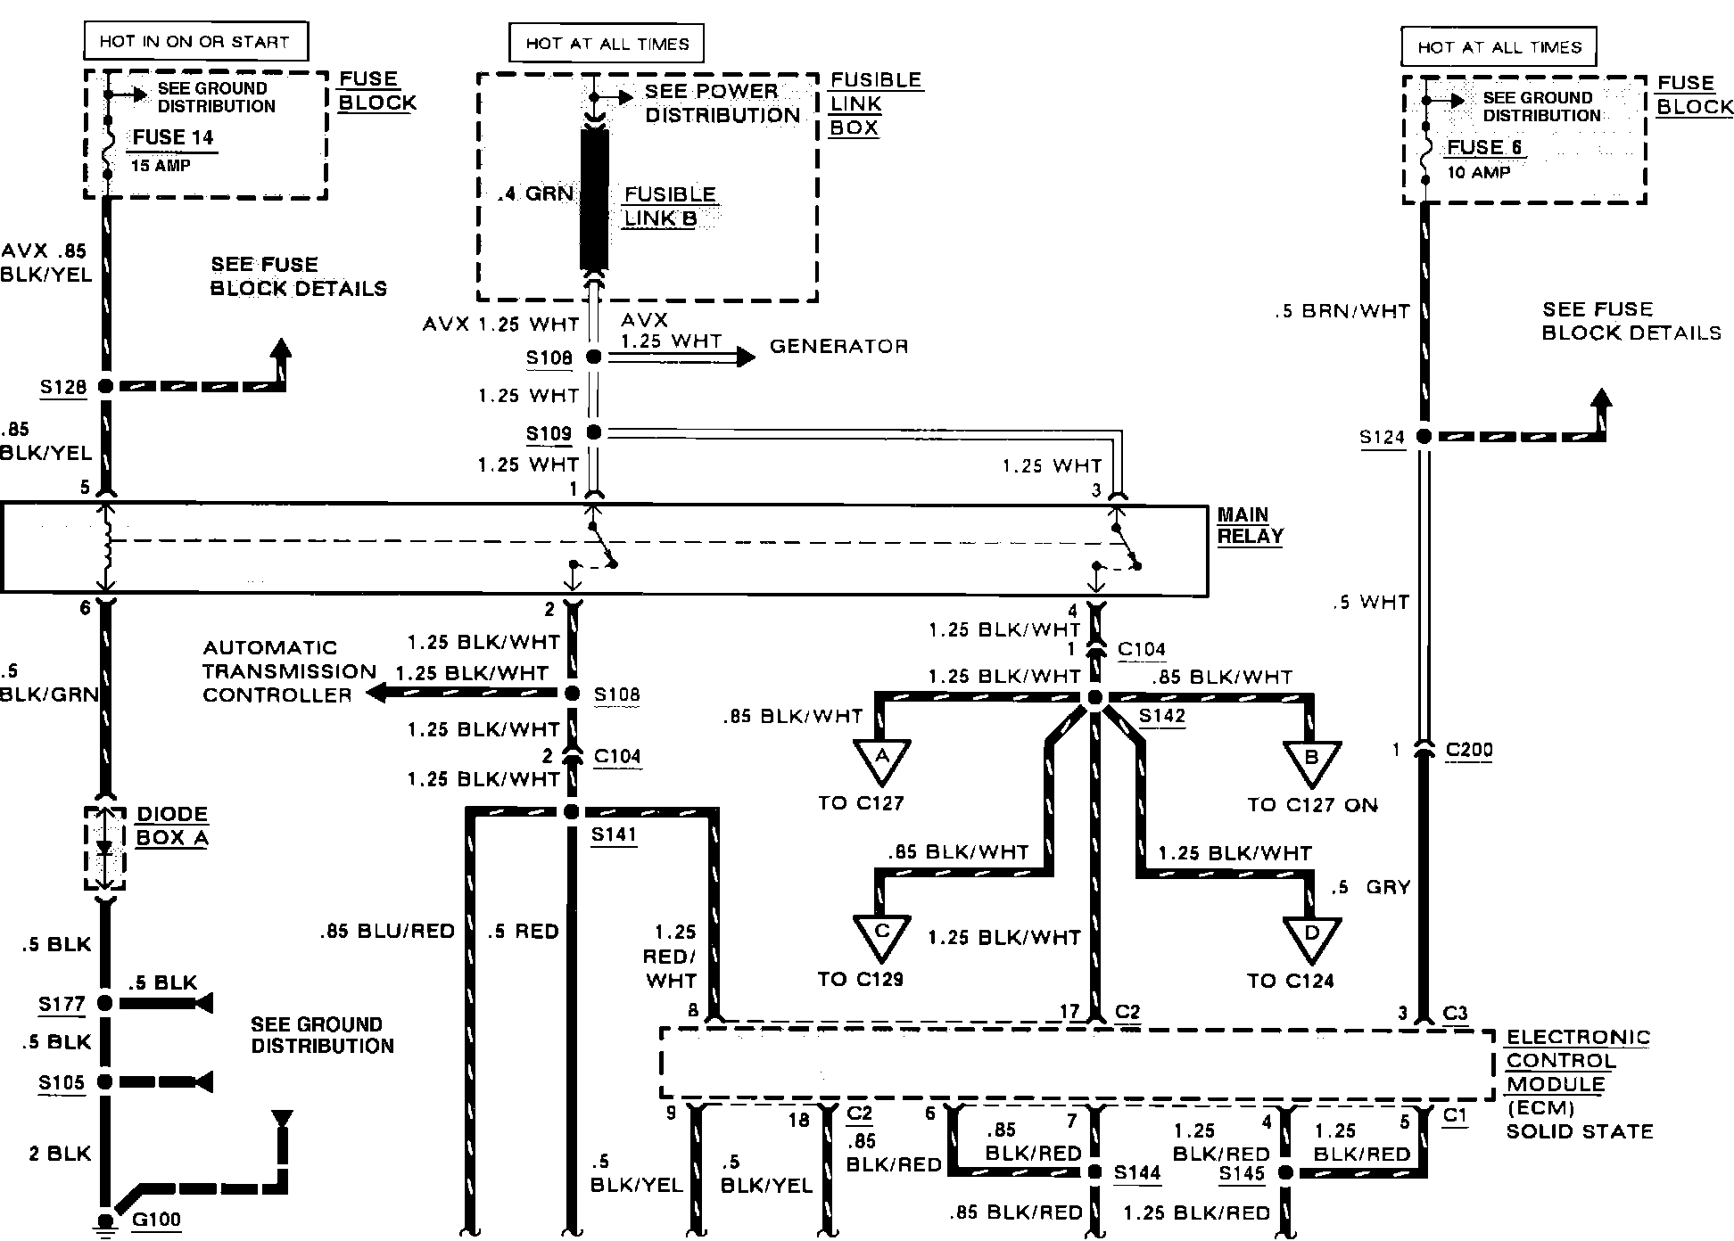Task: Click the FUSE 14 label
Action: [173, 137]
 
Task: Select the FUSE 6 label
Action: [1484, 147]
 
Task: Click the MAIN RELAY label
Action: [1250, 526]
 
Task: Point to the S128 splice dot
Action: [105, 386]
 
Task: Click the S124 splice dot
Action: [1424, 437]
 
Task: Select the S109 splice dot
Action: [594, 432]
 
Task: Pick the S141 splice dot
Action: [572, 812]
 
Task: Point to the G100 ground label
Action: [156, 1219]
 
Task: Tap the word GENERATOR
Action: [838, 346]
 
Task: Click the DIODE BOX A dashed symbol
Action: [104, 848]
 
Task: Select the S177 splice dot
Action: [105, 1003]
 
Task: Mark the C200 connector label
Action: [1469, 750]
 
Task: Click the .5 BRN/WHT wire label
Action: [1343, 312]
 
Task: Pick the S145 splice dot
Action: [1285, 1173]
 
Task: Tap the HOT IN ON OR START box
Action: [194, 42]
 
